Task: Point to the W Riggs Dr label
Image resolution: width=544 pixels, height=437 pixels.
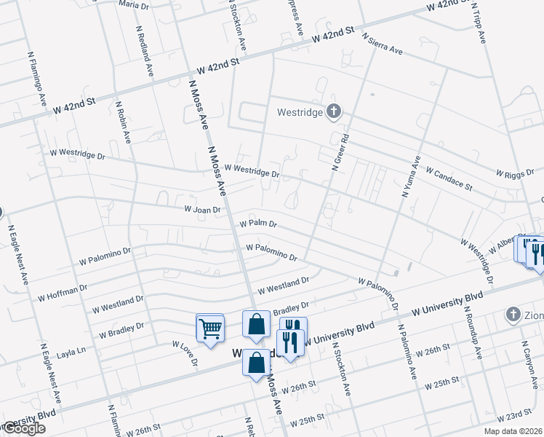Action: click(519, 173)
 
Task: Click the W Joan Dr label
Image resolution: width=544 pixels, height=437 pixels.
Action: click(202, 209)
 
